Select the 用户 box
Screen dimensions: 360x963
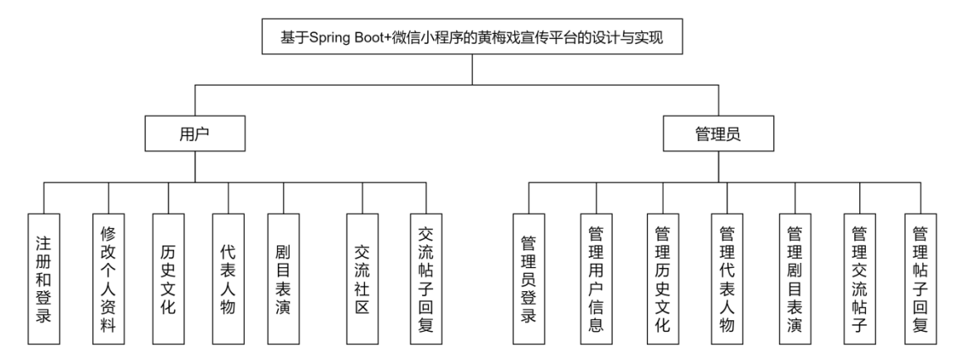coord(193,133)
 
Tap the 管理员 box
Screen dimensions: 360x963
coord(720,133)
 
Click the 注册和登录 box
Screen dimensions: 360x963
coord(45,279)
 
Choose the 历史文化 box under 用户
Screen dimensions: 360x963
coord(168,279)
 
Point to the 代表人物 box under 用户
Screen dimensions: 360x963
coord(227,279)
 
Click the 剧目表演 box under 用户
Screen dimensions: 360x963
coord(283,279)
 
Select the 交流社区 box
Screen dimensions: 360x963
coord(362,279)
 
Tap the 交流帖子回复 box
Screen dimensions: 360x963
coord(426,279)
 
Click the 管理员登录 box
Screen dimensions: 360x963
coord(528,279)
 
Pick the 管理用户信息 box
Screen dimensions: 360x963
coord(596,279)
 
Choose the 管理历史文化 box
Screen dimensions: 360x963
coord(662,279)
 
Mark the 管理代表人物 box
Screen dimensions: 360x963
coord(727,279)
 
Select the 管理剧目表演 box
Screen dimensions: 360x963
coord(795,279)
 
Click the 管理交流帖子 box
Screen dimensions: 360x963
coord(859,279)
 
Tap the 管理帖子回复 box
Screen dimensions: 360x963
coord(920,279)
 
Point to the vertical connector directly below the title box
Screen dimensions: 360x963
coord(472,69)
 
